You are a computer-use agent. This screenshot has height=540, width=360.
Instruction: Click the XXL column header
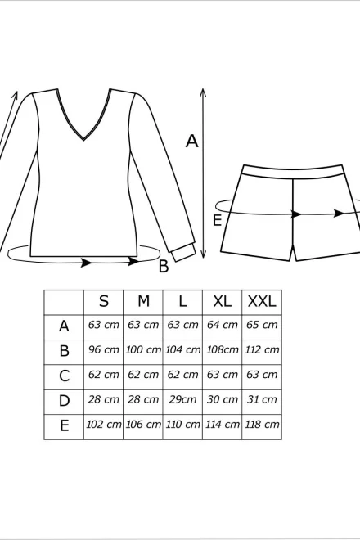pos(262,302)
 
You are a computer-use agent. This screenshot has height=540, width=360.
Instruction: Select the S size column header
pos(104,302)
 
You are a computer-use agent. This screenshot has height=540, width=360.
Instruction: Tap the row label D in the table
pos(64,401)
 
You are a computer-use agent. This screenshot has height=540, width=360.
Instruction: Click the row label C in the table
pos(64,376)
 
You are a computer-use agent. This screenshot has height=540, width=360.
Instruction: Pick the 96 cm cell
pos(103,350)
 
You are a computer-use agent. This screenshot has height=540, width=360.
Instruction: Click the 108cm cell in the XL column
pos(223,350)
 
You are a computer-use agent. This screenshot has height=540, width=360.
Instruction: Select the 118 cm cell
pos(262,425)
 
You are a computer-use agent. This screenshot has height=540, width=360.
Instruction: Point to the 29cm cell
pos(182,399)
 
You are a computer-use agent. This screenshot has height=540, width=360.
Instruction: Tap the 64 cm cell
pos(223,325)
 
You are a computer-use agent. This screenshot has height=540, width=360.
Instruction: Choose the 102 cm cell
pos(103,425)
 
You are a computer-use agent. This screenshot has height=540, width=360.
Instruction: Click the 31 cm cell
pos(262,399)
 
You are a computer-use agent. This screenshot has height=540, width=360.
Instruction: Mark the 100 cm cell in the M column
pos(143,350)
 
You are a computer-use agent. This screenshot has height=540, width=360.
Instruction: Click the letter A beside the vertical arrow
pos(192,142)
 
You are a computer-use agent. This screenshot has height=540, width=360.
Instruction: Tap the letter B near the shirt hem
pos(164,266)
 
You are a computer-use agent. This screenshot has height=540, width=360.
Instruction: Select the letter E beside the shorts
pos(217,220)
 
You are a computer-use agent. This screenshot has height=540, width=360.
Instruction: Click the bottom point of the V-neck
pos(83,140)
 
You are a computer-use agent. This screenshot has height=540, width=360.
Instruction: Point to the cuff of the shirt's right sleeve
pos(184,253)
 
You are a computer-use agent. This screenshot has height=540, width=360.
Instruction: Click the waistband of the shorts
pos(293,172)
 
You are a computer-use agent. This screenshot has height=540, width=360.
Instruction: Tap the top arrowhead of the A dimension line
pos(203,92)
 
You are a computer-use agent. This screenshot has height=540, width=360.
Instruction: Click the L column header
pos(182,302)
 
